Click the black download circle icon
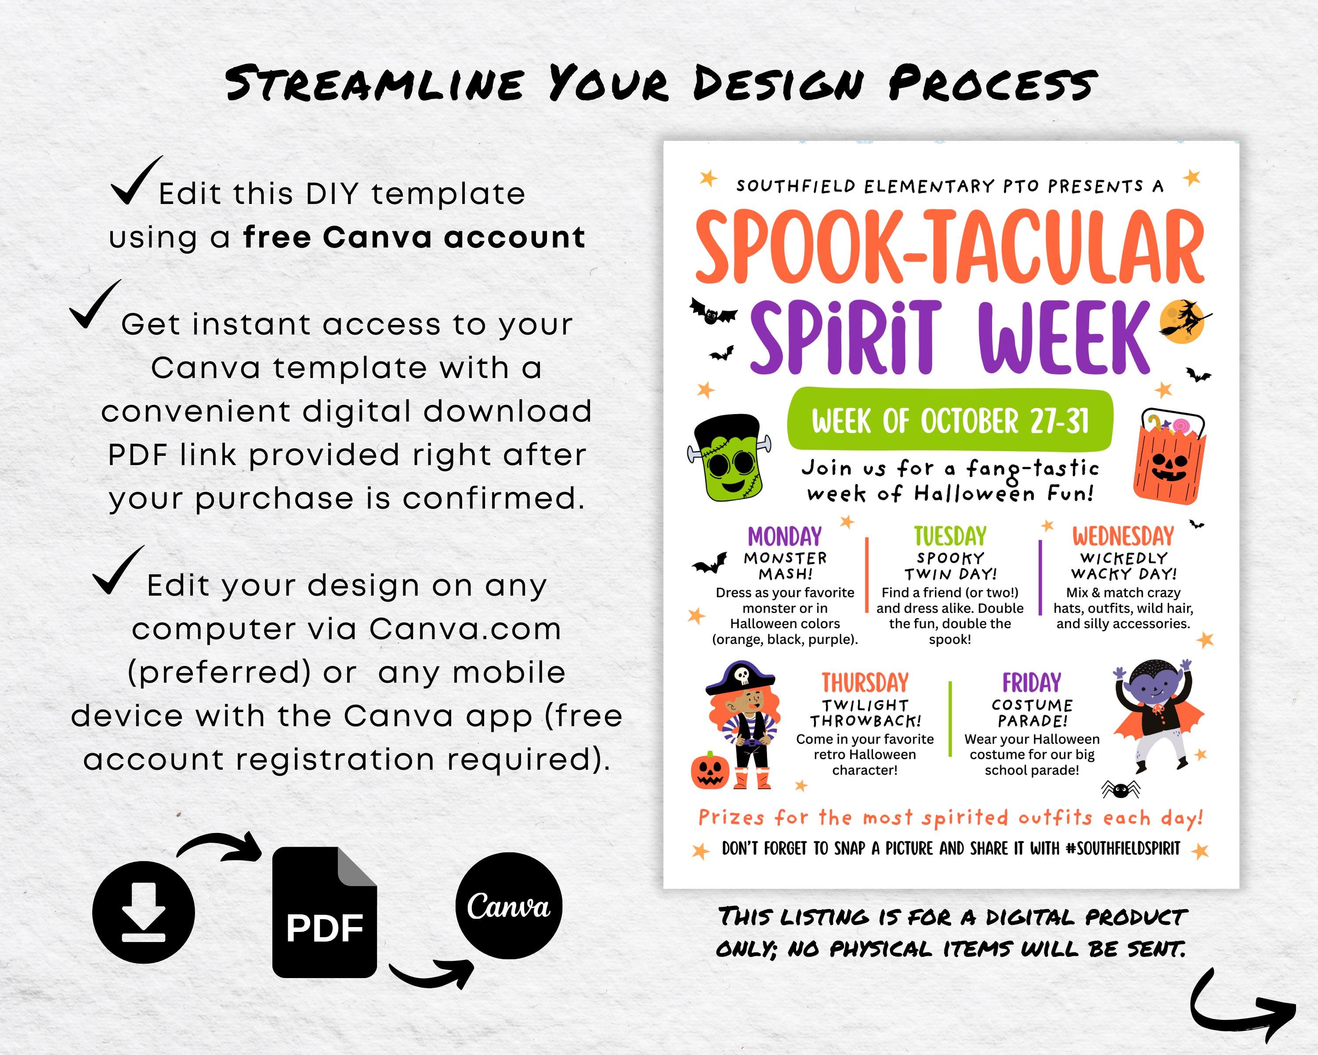pyautogui.click(x=144, y=912)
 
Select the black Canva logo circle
pyautogui.click(x=509, y=906)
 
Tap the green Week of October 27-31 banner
pyautogui.click(x=949, y=421)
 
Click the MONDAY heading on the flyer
pyautogui.click(x=785, y=536)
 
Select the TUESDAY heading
pyautogui.click(x=950, y=536)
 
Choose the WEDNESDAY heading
pyautogui.click(x=1123, y=536)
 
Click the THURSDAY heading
pyautogui.click(x=865, y=683)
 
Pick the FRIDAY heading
pyautogui.click(x=1032, y=683)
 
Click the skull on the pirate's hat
pyautogui.click(x=742, y=675)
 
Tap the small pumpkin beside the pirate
pyautogui.click(x=710, y=771)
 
